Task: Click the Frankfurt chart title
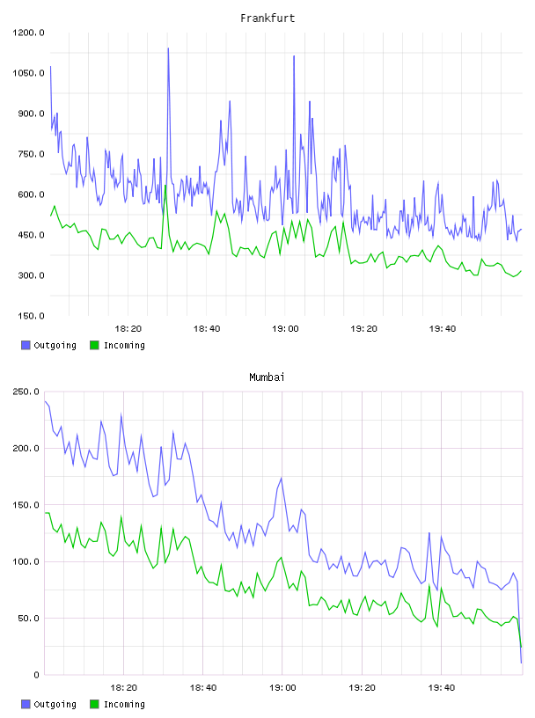pyautogui.click(x=267, y=18)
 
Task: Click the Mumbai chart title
pyautogui.click(x=267, y=377)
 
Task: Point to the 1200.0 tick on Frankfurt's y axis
pyautogui.click(x=28, y=33)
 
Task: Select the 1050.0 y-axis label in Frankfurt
pyautogui.click(x=28, y=73)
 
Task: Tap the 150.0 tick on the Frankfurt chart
pyautogui.click(x=31, y=316)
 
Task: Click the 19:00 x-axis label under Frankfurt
pyautogui.click(x=285, y=329)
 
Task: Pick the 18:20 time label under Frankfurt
pyautogui.click(x=128, y=329)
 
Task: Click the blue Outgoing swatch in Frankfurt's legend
pyautogui.click(x=26, y=345)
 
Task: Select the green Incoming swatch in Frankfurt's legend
pyautogui.click(x=94, y=345)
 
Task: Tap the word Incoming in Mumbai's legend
pyautogui.click(x=124, y=704)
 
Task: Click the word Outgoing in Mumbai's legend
pyautogui.click(x=55, y=704)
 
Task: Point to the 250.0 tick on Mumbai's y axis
pyautogui.click(x=26, y=392)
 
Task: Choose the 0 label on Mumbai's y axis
pyautogui.click(x=37, y=675)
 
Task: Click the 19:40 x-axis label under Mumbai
pyautogui.click(x=442, y=688)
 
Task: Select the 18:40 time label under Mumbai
pyautogui.click(x=203, y=688)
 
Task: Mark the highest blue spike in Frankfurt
pyautogui.click(x=168, y=48)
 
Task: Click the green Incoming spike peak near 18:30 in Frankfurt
pyautogui.click(x=165, y=186)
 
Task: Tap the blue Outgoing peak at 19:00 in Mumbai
pyautogui.click(x=282, y=478)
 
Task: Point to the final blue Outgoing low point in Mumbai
pyautogui.click(x=521, y=663)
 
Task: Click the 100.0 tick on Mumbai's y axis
pyautogui.click(x=26, y=562)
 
